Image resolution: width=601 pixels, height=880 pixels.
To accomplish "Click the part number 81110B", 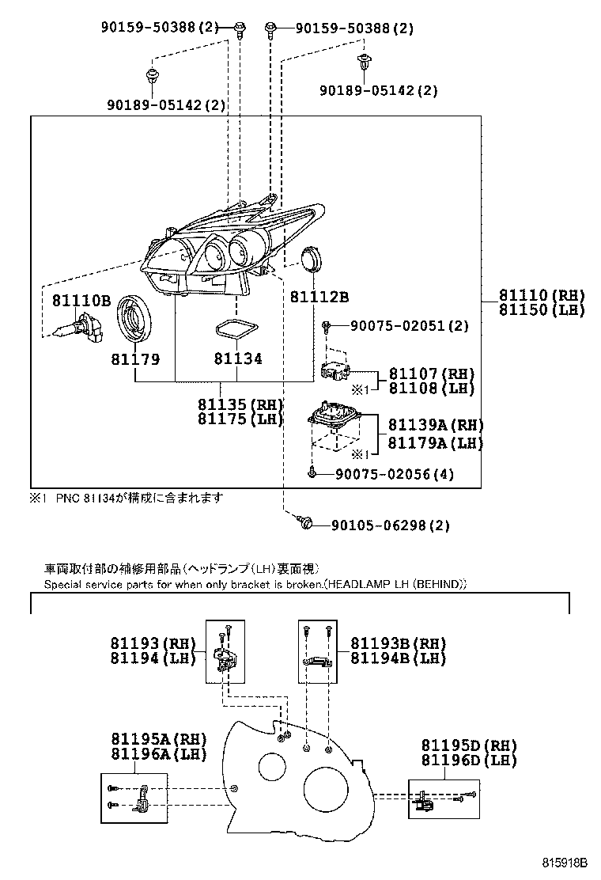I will (81, 300).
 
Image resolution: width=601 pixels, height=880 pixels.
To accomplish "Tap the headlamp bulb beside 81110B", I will (74, 328).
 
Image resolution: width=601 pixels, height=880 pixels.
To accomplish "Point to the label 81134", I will (237, 359).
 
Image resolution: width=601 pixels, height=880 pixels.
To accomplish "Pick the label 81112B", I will (319, 297).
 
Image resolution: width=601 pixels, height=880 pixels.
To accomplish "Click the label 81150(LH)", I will (541, 309).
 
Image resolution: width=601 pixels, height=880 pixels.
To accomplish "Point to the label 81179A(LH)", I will (435, 443).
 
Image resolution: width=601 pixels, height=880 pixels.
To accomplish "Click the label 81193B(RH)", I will (399, 643).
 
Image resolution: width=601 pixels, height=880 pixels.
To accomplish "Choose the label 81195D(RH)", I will (469, 745).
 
